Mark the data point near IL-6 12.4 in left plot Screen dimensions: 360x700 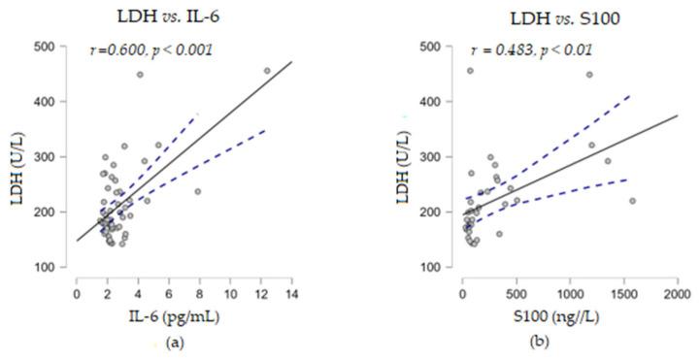(x=267, y=71)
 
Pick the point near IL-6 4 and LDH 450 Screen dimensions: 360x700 (x=140, y=75)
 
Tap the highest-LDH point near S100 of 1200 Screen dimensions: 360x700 (x=589, y=75)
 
